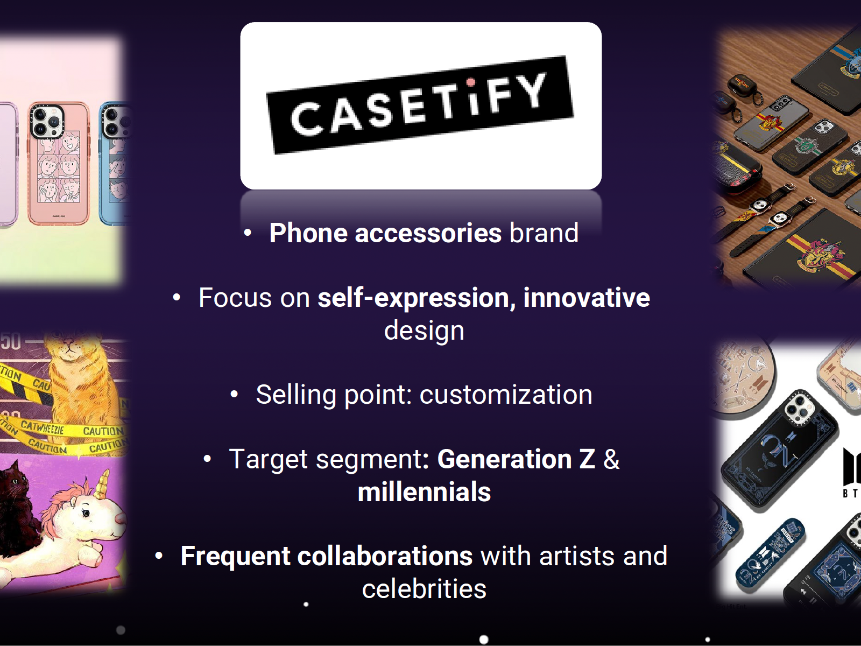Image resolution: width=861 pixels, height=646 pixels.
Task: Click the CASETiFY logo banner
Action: (420, 105)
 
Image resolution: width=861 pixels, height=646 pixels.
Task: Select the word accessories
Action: (428, 233)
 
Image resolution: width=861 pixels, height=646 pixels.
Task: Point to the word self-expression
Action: (413, 298)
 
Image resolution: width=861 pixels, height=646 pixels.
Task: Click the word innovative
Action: (587, 298)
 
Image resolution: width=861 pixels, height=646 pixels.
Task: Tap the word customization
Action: (506, 395)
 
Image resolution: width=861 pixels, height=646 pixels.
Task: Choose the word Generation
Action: (505, 459)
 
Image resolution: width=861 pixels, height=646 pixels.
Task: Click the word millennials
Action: (424, 492)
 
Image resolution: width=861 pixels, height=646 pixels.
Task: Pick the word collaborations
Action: (385, 556)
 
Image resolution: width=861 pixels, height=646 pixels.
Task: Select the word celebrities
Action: (424, 589)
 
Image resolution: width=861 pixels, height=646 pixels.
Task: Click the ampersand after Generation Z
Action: (611, 459)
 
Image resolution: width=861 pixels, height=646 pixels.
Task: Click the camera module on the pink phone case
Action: (47, 122)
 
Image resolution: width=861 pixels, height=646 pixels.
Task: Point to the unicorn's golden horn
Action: (102, 484)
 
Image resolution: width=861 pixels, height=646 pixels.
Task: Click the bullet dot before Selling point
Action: (234, 395)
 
